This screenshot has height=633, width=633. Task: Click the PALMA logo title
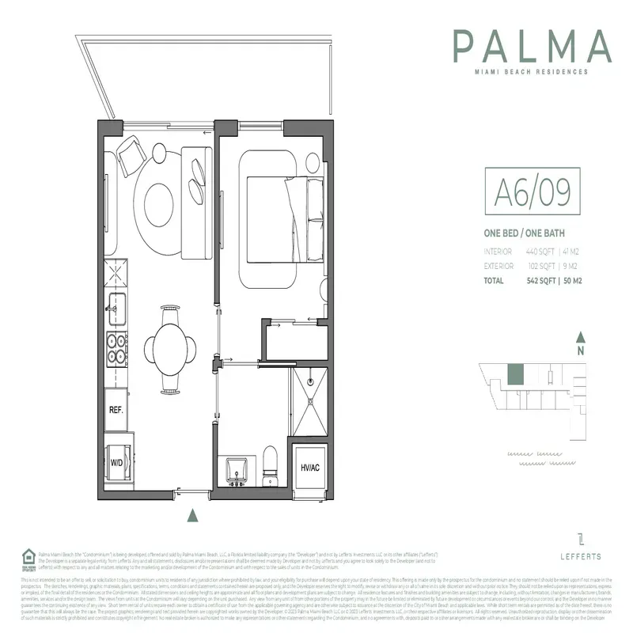tap(532, 47)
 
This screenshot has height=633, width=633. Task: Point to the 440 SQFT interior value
tap(536, 252)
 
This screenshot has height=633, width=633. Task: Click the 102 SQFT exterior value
tap(536, 266)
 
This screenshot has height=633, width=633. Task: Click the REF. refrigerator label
tap(116, 412)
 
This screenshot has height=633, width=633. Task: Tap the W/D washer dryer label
tap(116, 462)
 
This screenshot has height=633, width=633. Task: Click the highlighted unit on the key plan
tap(515, 372)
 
